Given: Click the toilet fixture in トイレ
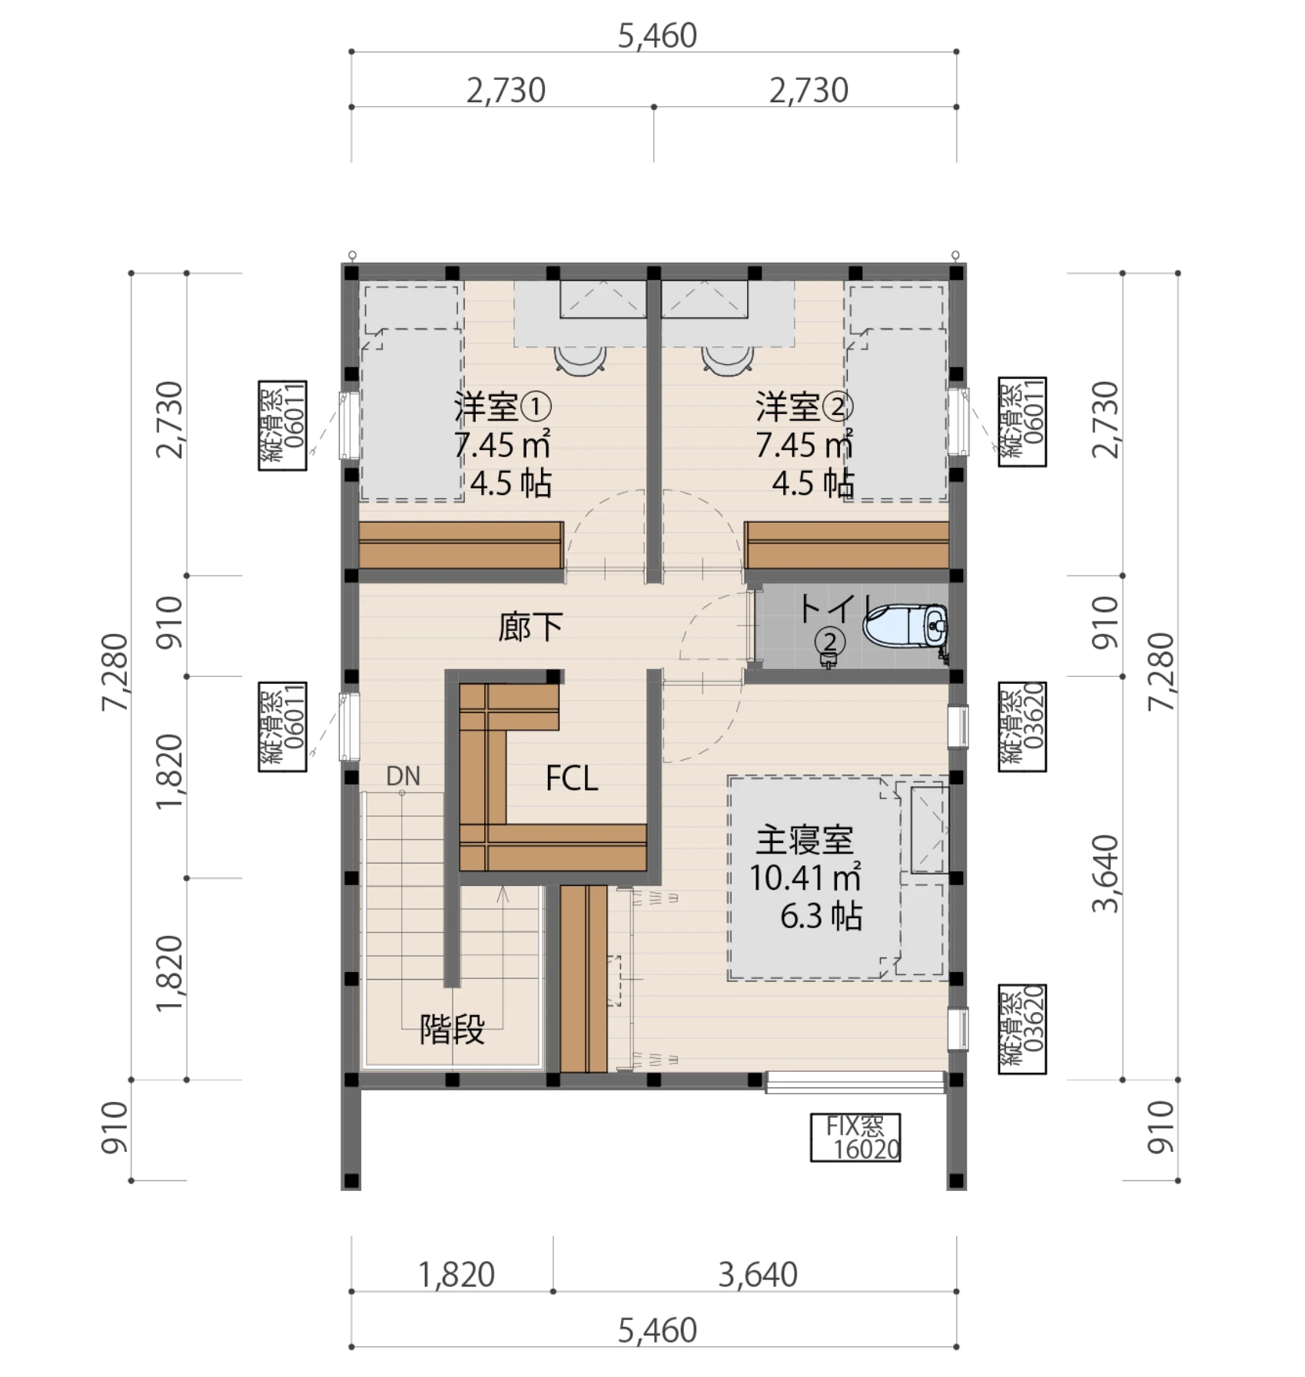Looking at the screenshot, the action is [x=905, y=625].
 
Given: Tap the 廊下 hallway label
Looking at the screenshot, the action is [x=530, y=627].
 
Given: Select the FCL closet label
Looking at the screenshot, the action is [x=572, y=778].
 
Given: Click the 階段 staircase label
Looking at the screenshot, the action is [x=452, y=1030].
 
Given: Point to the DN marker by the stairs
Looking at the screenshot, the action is [x=403, y=776].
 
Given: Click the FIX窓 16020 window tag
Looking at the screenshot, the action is [x=855, y=1138].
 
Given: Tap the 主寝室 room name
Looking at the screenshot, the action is [x=805, y=840].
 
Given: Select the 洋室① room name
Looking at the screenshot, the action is [x=503, y=406].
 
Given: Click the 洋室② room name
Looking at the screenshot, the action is [x=805, y=406].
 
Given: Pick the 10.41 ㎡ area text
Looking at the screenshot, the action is [x=805, y=878].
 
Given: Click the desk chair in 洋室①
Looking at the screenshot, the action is [x=580, y=360].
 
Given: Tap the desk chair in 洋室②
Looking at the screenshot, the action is [x=727, y=360].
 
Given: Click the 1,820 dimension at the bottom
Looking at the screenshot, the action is [x=457, y=1275].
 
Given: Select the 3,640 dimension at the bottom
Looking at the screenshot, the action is [x=758, y=1275].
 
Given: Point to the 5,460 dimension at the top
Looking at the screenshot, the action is [x=657, y=36].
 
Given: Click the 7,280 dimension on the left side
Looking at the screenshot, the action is [x=115, y=672].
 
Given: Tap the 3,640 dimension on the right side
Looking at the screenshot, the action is [x=1106, y=874].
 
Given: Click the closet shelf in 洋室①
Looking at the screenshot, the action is [x=461, y=545].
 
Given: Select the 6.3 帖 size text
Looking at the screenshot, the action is [x=821, y=916].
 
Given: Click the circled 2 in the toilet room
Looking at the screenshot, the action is [x=830, y=641].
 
